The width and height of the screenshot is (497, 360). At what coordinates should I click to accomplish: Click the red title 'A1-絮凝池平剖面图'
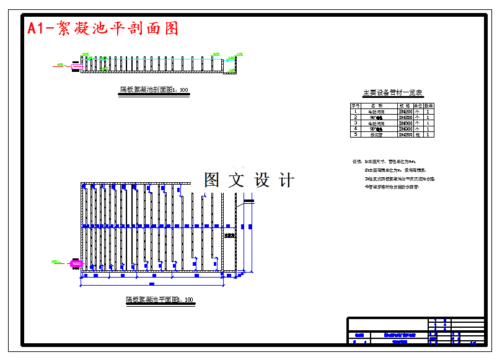tap(103, 29)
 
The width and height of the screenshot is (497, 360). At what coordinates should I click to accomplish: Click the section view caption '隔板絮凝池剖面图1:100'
tap(154, 90)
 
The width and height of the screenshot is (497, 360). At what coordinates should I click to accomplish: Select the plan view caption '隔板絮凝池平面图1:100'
tap(160, 300)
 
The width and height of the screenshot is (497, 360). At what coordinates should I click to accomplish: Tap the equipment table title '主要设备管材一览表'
tap(393, 93)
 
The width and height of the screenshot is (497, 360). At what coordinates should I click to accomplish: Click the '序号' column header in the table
tap(356, 106)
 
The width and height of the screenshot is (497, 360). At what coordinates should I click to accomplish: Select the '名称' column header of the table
tap(376, 106)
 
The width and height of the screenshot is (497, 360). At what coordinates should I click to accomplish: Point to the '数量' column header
tap(428, 106)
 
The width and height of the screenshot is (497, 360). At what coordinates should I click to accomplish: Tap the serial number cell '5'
tap(356, 134)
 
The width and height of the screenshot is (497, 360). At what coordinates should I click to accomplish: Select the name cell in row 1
tap(376, 112)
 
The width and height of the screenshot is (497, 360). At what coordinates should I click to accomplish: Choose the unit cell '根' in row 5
tap(418, 134)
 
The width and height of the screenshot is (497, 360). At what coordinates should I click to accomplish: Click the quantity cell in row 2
tap(428, 117)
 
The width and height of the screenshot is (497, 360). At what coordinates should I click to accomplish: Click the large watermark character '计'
tap(286, 180)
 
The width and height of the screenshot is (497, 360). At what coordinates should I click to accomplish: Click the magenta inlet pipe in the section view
tap(77, 64)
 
